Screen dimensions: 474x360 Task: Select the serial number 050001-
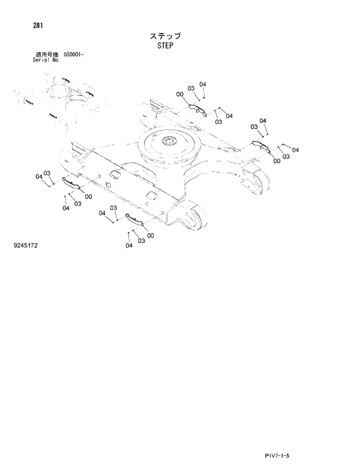(x=74, y=55)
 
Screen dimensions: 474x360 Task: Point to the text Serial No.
(x=46, y=60)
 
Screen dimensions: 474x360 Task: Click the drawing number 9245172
(x=25, y=246)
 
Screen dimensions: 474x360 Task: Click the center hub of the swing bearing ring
(x=169, y=142)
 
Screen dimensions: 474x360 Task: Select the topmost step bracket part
(x=197, y=108)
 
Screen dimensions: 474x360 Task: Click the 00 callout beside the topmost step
(x=180, y=95)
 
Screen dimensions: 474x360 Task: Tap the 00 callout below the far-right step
(x=276, y=161)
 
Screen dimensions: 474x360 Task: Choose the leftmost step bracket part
(x=73, y=184)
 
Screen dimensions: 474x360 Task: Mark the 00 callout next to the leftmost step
(x=88, y=197)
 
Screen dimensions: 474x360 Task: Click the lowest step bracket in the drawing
(x=136, y=221)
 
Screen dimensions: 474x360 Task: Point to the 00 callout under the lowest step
(x=150, y=236)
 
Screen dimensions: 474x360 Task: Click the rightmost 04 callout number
(x=296, y=150)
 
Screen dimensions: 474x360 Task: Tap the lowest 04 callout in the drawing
(x=128, y=245)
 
